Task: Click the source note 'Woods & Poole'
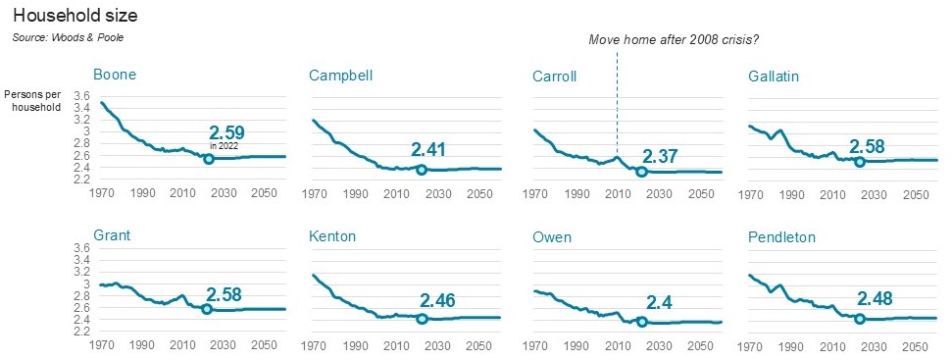tap(68, 37)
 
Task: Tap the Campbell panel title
tap(340, 76)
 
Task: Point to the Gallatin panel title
tap(779, 76)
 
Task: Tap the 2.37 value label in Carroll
tap(661, 155)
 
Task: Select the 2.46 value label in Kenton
tap(438, 302)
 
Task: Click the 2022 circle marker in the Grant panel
tap(207, 309)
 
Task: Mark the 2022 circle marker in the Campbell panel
tap(422, 170)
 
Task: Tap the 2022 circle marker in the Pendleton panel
tap(860, 318)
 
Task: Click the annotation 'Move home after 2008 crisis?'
tap(674, 40)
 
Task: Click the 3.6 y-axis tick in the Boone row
tap(82, 96)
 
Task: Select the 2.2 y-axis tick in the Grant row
tap(82, 332)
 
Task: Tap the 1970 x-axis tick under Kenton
tap(314, 345)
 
